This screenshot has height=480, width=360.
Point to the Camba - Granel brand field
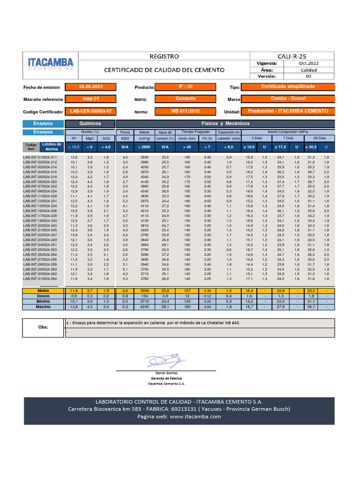tap(288, 99)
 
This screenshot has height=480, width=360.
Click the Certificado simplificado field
tap(288, 87)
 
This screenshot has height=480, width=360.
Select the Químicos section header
tap(90, 123)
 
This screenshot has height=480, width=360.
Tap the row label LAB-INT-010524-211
tap(40, 157)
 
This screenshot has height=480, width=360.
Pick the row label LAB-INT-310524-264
tap(40, 278)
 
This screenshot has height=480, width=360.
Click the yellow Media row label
tap(43, 291)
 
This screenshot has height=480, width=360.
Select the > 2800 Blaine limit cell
tap(144, 147)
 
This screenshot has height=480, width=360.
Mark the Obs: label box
tap(43, 328)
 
